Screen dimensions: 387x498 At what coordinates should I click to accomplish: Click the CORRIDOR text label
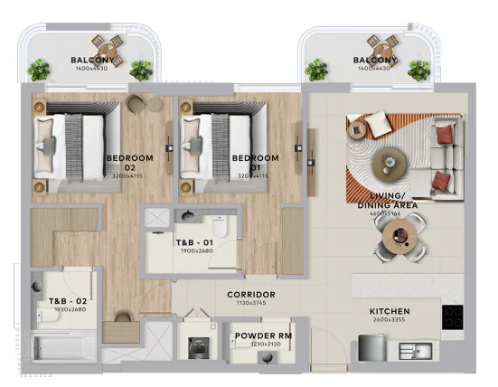coord(250,295)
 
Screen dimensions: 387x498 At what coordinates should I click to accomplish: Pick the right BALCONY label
coord(373,61)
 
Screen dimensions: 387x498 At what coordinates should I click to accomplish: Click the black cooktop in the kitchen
coord(451,317)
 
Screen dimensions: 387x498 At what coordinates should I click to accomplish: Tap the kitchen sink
coord(422,348)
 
